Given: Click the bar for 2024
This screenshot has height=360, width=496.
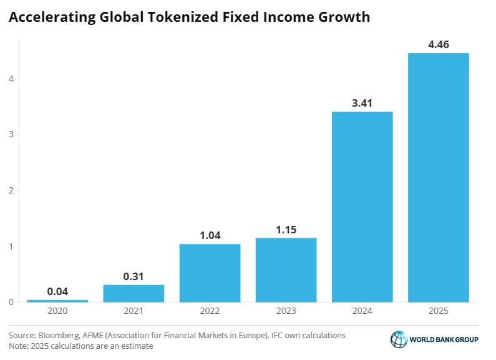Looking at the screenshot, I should (x=362, y=207).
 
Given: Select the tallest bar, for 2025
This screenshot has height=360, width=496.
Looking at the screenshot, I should (x=438, y=177).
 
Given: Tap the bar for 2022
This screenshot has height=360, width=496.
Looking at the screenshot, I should (x=210, y=273).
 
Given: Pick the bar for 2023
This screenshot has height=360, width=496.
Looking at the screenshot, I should (x=286, y=270).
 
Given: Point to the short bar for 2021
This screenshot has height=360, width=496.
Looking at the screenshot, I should (x=134, y=293).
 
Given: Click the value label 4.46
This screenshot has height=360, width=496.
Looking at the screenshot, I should (x=439, y=44).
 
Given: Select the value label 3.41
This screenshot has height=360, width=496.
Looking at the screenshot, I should (x=362, y=103).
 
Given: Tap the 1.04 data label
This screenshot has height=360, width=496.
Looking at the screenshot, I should (x=210, y=236).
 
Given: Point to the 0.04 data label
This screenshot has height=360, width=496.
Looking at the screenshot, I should (x=57, y=291).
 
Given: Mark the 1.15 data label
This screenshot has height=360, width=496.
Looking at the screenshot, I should (x=286, y=230).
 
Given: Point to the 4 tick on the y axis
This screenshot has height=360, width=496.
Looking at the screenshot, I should (x=12, y=79).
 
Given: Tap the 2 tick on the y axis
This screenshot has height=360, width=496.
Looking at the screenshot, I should (x=12, y=190).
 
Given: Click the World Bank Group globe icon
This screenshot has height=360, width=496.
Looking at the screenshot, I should (x=398, y=339).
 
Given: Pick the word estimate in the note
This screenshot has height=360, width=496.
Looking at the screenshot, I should (x=136, y=346).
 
